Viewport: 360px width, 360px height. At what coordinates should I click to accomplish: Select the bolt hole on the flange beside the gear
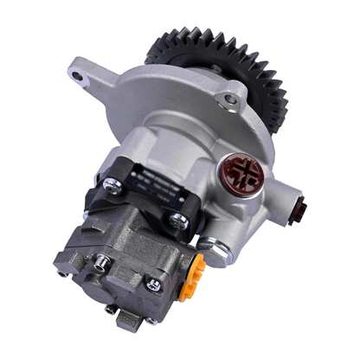pyautogui.click(x=228, y=100)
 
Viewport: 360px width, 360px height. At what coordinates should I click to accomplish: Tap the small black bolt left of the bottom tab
pyautogui.click(x=108, y=306)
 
